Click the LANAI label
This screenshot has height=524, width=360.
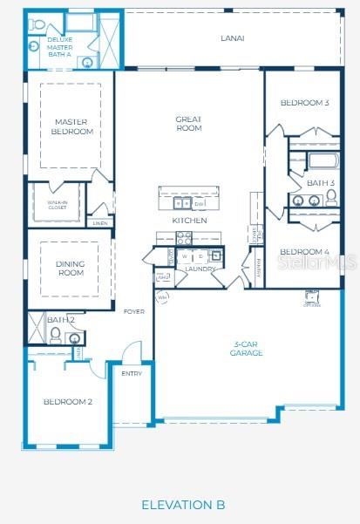click(x=232, y=38)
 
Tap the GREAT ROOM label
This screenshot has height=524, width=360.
click(x=188, y=124)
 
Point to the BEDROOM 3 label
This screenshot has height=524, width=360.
click(x=304, y=103)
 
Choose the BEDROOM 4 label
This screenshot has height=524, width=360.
click(x=304, y=252)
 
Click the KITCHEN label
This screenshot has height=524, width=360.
click(x=189, y=221)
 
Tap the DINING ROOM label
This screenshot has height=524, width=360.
click(x=70, y=269)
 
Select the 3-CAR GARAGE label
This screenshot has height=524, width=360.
click(x=247, y=349)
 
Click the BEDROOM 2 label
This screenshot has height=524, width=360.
click(x=67, y=401)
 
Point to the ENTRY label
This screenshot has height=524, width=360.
click(x=132, y=373)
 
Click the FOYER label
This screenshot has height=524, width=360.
click(x=133, y=311)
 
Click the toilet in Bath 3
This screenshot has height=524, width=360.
click(x=331, y=199)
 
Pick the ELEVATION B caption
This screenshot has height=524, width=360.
click(x=183, y=505)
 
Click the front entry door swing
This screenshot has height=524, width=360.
click(x=131, y=352)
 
